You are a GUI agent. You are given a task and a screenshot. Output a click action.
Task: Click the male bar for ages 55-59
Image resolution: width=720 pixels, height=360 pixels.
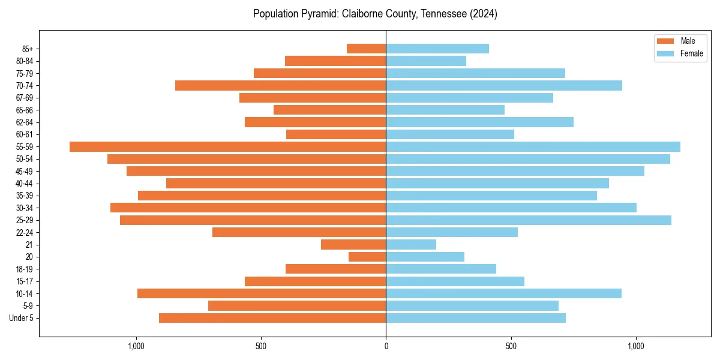(x=228, y=147)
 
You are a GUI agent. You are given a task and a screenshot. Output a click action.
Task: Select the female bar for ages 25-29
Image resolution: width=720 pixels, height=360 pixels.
(x=529, y=220)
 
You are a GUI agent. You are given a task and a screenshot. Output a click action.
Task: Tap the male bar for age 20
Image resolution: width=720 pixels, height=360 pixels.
(x=367, y=257)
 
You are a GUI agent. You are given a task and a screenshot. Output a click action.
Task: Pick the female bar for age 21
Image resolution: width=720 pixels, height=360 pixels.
(x=411, y=245)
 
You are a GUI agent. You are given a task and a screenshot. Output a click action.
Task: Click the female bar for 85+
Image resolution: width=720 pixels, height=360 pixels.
(x=437, y=49)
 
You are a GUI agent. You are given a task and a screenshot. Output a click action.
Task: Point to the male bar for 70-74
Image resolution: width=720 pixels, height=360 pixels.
(x=281, y=86)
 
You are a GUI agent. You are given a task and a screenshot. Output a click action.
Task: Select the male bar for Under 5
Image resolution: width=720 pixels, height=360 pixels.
(x=272, y=318)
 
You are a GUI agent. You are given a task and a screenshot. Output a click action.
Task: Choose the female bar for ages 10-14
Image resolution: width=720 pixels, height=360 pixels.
(x=504, y=293)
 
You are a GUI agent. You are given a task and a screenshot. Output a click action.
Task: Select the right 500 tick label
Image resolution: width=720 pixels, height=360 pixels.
(x=511, y=346)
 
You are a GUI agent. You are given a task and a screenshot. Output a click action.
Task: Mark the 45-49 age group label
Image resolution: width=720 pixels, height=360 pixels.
(x=25, y=172)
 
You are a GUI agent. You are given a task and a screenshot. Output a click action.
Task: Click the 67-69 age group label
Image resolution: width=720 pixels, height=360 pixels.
(x=25, y=98)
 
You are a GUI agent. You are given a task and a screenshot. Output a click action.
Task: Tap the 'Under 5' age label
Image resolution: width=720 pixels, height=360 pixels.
(x=22, y=318)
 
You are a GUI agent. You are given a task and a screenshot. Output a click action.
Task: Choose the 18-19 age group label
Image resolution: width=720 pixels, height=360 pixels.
(x=25, y=269)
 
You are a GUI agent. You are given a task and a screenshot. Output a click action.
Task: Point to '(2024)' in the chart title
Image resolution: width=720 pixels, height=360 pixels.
(x=484, y=14)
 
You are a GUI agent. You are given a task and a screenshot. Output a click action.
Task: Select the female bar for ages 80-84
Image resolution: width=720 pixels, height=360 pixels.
(x=426, y=61)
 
